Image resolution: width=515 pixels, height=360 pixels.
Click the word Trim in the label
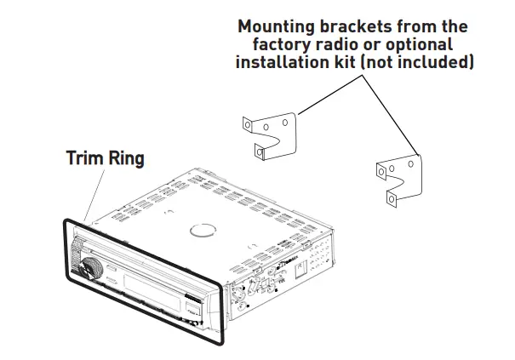84,158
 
